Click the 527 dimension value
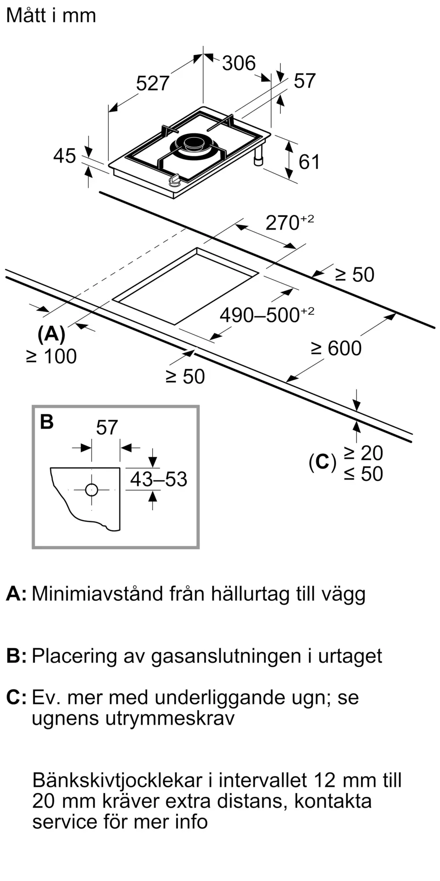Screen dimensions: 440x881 coord(153,83)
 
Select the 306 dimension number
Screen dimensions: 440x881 coord(239,63)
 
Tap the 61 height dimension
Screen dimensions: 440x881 coord(309,162)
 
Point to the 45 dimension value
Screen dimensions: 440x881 coord(64,156)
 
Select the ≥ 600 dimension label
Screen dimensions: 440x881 coord(337,348)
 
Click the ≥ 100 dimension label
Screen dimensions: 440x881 coord(51,356)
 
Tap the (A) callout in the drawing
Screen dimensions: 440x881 coord(51,334)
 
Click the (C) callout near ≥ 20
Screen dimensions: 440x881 coord(323,462)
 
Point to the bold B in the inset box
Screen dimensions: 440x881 coord(47,422)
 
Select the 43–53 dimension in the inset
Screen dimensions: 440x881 coord(158,479)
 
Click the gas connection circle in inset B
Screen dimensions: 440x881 coord(92,490)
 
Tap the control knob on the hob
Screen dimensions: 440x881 coord(175,180)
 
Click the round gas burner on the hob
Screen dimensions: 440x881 coord(194,146)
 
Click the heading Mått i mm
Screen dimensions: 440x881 coord(51,15)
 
